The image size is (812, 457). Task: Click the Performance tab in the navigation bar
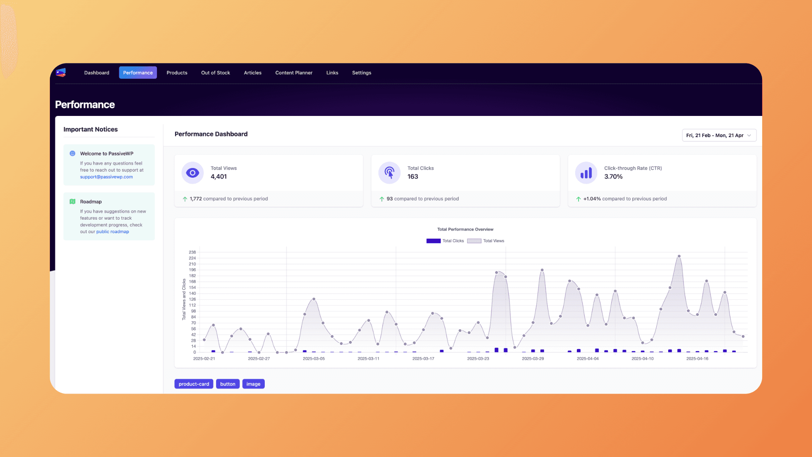pos(138,73)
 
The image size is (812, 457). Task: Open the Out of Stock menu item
pos(216,73)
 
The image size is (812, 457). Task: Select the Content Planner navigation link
pos(294,73)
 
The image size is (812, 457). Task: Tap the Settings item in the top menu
pos(362,73)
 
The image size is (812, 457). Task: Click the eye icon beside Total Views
pos(192,173)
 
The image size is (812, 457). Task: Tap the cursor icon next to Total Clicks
pos(390,173)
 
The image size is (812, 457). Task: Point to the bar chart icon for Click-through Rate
pos(586,173)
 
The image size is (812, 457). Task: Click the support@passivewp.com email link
pos(107,177)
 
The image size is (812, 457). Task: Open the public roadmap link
pos(112,231)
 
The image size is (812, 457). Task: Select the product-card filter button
pos(194,384)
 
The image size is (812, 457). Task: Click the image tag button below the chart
pos(253,384)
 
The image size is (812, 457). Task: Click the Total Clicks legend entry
pos(445,241)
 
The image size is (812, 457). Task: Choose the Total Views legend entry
pos(486,241)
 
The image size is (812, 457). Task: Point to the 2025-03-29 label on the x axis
pos(533,358)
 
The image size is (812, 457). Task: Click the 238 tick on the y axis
pos(192,252)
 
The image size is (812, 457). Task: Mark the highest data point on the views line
pos(679,256)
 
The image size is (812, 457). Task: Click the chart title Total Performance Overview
pos(465,229)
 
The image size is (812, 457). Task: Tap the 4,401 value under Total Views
pos(219,176)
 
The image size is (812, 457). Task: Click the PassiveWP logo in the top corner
pos(61,73)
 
